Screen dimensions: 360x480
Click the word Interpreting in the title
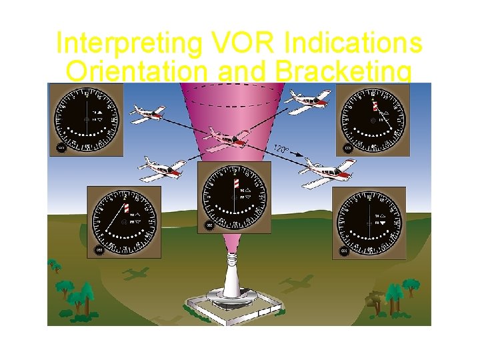pyautogui.click(x=127, y=43)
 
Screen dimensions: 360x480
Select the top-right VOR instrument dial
pyautogui.click(x=373, y=119)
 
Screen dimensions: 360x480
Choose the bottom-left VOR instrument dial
pyautogui.click(x=124, y=222)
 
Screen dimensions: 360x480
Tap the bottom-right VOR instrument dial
pyautogui.click(x=371, y=222)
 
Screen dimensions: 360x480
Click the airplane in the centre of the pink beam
pyautogui.click(x=226, y=139)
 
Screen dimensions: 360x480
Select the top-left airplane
pyautogui.click(x=147, y=113)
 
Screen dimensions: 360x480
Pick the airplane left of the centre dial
pyautogui.click(x=161, y=169)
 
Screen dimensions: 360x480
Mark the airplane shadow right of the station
pyautogui.click(x=296, y=283)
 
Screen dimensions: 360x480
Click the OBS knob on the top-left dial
pyautogui.click(x=61, y=148)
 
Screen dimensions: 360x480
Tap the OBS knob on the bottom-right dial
pyautogui.click(x=344, y=251)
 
